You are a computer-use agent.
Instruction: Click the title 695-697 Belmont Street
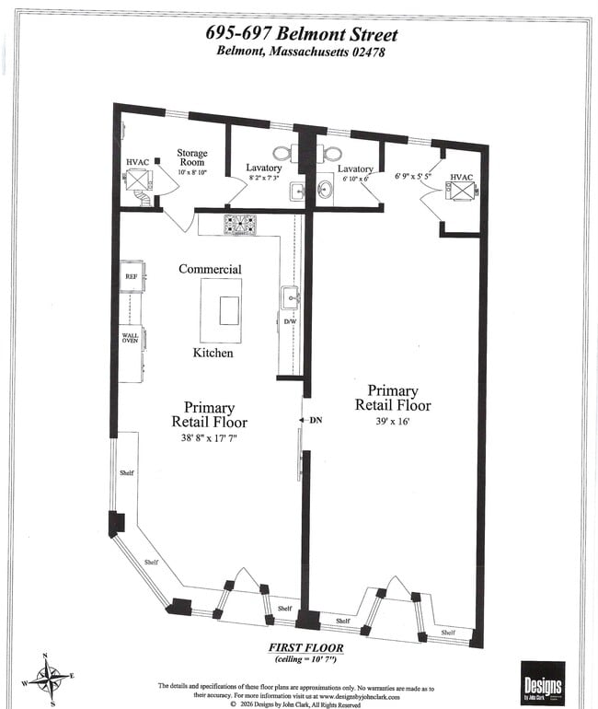click(302, 34)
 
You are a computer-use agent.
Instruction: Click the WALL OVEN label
click(131, 339)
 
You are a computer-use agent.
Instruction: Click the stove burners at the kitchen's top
click(240, 224)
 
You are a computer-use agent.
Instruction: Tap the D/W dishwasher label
click(289, 321)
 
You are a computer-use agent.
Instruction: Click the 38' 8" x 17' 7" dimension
click(209, 439)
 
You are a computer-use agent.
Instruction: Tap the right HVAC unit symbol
click(461, 190)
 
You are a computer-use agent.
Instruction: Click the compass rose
click(46, 679)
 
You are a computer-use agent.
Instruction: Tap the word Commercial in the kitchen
click(210, 269)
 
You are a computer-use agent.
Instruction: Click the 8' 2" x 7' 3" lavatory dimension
click(264, 177)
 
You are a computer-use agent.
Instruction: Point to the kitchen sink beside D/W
click(291, 296)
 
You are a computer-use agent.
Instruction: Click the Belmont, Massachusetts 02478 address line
click(300, 52)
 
